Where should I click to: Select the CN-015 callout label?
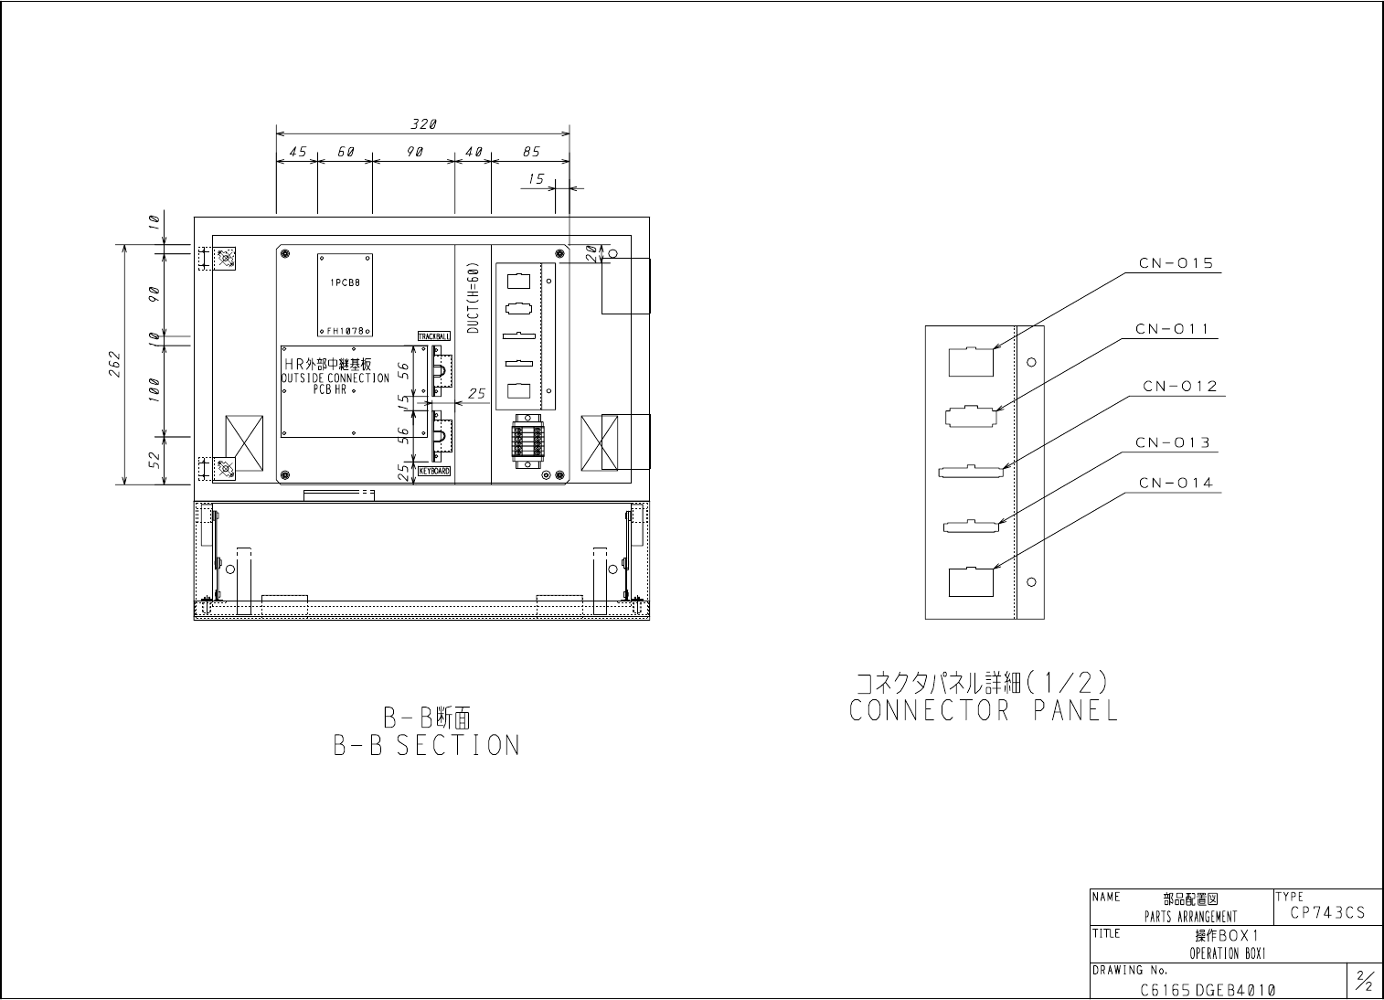click(1176, 264)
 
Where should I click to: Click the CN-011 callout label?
click(1173, 328)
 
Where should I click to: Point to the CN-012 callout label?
click(1180, 387)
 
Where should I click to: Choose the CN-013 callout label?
click(1173, 443)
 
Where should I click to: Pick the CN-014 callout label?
click(1176, 483)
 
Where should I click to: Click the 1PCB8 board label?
click(345, 283)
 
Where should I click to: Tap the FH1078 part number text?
click(346, 331)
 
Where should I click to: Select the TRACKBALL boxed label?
click(434, 336)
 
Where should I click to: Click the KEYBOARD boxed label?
click(434, 472)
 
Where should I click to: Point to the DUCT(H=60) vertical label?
click(473, 299)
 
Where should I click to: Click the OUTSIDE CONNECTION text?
click(335, 378)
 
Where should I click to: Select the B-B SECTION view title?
click(427, 745)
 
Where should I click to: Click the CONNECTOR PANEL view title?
click(984, 711)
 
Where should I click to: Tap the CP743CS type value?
click(1327, 912)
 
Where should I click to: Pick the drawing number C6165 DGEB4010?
click(1208, 990)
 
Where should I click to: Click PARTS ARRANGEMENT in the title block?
click(1190, 917)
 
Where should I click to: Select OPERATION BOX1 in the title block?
click(1226, 954)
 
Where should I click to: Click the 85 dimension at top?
click(531, 153)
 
